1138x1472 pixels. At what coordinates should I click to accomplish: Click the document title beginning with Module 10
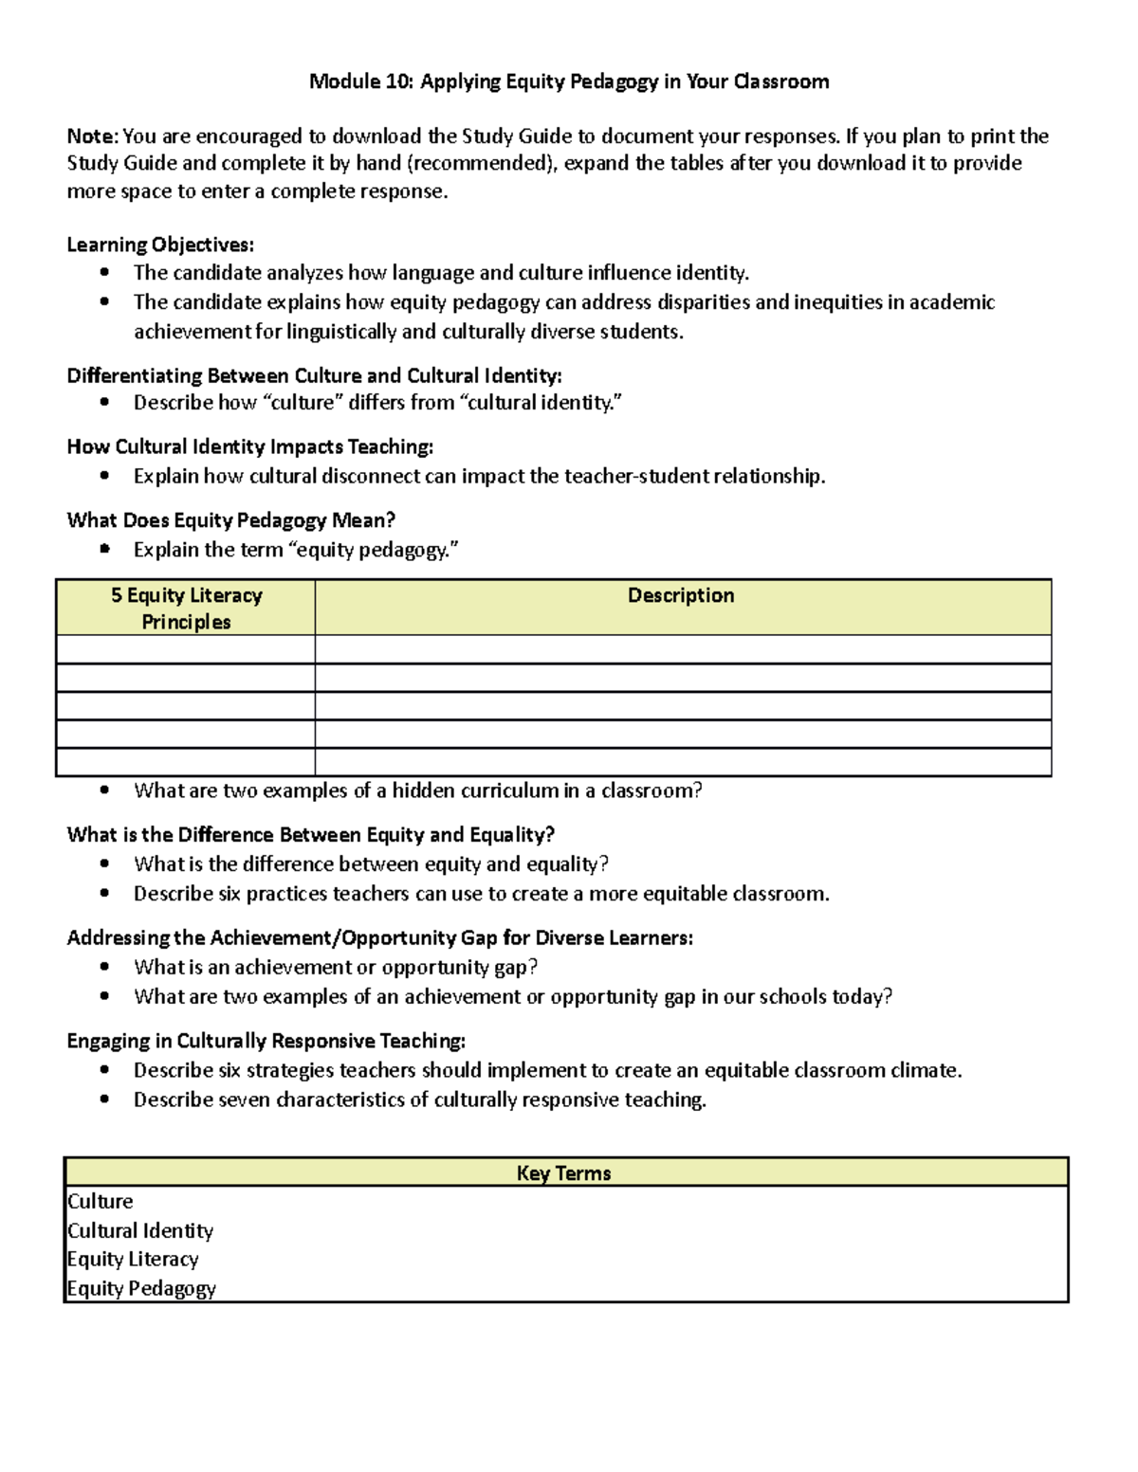569,82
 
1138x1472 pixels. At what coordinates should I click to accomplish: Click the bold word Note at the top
92,136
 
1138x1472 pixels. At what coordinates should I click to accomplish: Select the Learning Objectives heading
160,245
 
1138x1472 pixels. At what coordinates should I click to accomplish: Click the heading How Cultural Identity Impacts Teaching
250,446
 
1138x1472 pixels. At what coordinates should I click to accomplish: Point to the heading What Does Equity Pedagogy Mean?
230,520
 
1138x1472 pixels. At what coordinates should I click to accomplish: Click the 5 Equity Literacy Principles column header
186,608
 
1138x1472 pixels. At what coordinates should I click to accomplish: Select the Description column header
681,595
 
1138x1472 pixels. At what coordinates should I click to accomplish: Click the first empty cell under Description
683,649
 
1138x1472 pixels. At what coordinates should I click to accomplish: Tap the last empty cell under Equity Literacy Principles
186,762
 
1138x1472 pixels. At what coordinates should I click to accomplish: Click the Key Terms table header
564,1172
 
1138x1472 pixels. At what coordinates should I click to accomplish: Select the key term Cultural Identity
140,1230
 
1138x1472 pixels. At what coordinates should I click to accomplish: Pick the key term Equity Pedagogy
141,1288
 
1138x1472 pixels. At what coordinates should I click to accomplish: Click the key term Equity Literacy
133,1259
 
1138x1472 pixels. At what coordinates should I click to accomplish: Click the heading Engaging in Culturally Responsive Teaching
266,1041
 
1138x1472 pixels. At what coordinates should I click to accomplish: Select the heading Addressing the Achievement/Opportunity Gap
379,938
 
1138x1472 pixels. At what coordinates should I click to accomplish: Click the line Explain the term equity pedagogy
296,550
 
